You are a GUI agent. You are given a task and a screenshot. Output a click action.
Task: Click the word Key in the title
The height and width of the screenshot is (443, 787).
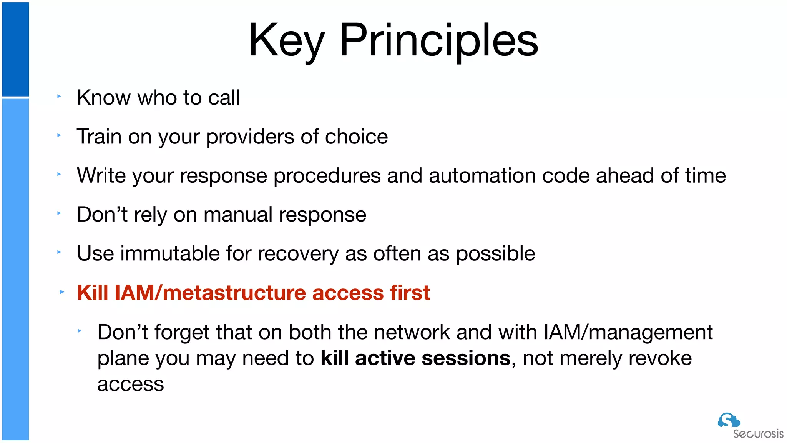[x=286, y=40]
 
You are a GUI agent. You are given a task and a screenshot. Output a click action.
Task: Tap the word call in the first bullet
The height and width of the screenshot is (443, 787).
[x=224, y=97]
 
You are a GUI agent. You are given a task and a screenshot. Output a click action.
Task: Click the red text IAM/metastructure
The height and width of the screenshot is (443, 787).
[x=210, y=293]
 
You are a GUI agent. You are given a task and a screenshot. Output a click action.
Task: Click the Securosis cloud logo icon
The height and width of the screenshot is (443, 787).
[x=728, y=420]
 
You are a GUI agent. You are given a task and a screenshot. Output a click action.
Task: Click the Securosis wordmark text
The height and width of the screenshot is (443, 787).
[x=758, y=434]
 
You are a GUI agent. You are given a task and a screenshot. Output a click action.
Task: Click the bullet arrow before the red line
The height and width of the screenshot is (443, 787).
[x=62, y=292]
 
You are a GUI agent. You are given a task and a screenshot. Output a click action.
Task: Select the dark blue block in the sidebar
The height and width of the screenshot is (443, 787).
[x=15, y=49]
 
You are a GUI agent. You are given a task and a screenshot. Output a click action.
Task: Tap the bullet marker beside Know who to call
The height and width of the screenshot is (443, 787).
[x=59, y=97]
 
